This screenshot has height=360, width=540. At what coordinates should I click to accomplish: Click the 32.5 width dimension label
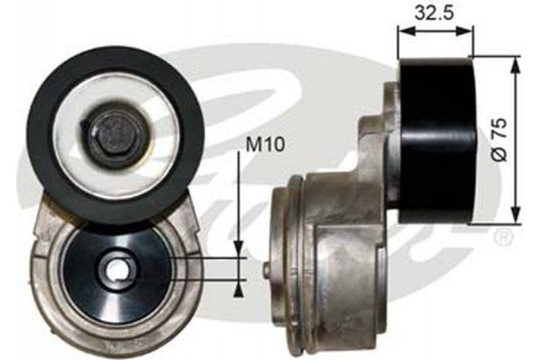coord(436,13)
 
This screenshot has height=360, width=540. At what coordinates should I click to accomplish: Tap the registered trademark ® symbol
coord(504,238)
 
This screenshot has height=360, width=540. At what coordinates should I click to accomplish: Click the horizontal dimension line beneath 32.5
coord(436,31)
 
